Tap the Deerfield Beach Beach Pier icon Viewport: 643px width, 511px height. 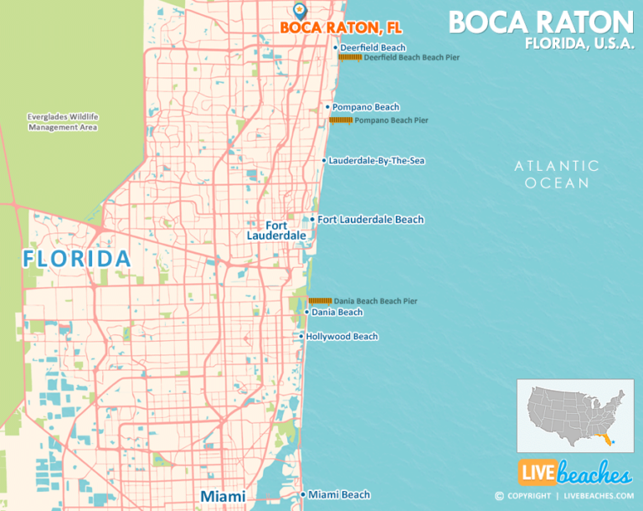tap(349, 58)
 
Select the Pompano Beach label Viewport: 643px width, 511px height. tap(366, 107)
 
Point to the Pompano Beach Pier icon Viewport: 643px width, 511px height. tap(340, 121)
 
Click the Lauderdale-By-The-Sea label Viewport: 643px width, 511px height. tap(377, 160)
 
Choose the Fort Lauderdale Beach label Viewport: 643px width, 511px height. tap(370, 219)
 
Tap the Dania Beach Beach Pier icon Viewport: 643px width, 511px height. tap(320, 301)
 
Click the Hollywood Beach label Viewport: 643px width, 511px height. tap(342, 337)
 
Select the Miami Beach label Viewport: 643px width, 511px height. tap(338, 495)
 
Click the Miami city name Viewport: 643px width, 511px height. tap(223, 497)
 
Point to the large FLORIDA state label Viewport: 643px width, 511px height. tap(77, 258)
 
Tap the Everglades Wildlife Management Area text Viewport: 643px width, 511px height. tap(63, 121)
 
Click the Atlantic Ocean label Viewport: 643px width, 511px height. tap(557, 174)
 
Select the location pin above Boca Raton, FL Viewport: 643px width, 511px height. tap(300, 10)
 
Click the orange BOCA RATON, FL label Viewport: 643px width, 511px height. tap(330, 28)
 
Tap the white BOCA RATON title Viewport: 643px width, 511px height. tap(541, 22)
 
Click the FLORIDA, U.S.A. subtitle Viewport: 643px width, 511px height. tap(579, 44)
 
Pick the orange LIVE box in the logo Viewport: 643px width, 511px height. tap(537, 473)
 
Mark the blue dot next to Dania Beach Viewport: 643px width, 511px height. tap(306, 312)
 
